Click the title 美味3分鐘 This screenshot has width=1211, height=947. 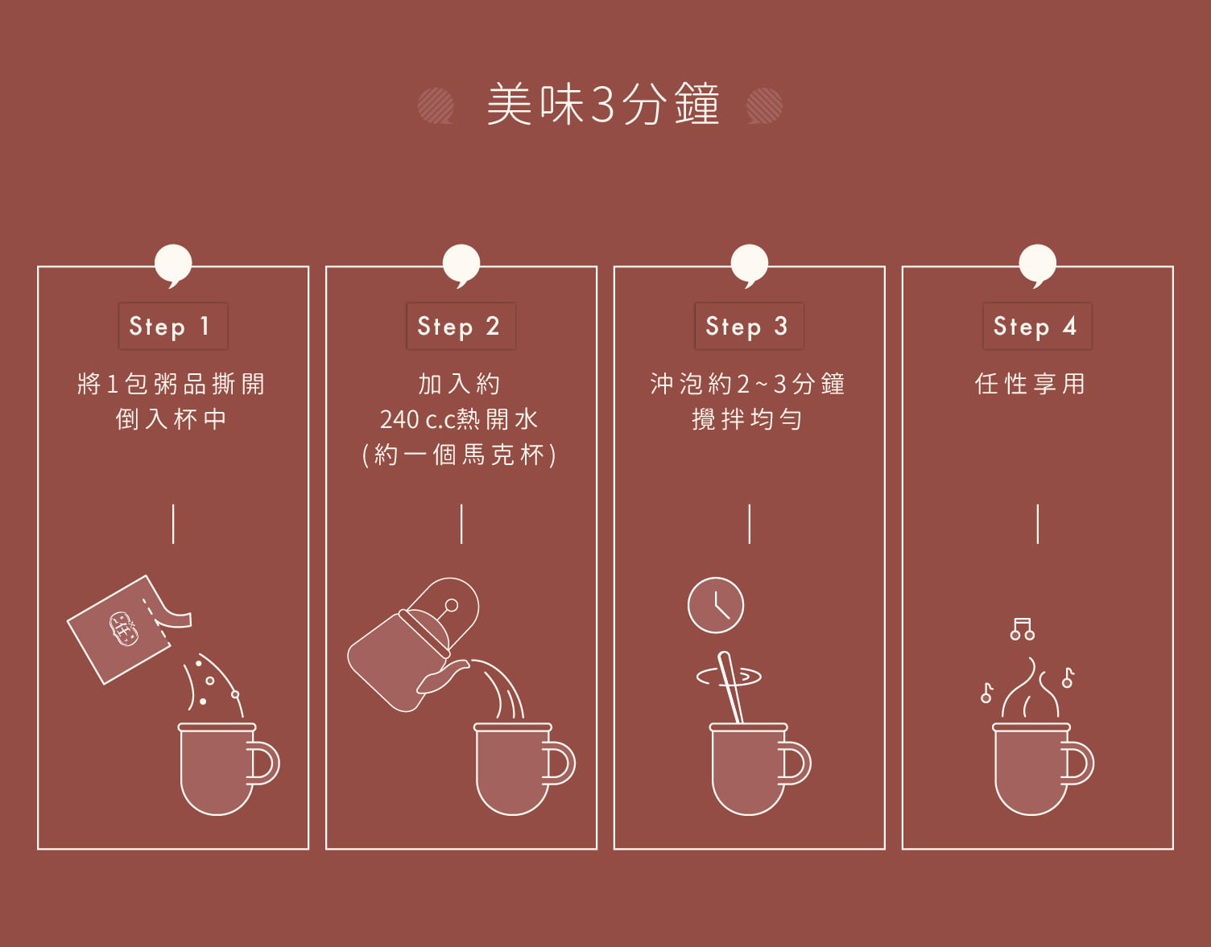(x=602, y=105)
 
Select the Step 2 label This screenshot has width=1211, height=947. (x=461, y=326)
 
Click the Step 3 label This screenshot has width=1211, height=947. (x=749, y=326)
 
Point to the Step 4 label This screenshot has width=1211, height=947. (x=1037, y=326)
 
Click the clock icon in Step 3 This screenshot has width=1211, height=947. (x=715, y=605)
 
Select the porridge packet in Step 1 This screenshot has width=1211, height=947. (x=121, y=630)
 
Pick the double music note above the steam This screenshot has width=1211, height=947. (x=1022, y=628)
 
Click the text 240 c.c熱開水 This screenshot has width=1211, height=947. (x=459, y=419)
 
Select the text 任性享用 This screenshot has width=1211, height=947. (x=1030, y=384)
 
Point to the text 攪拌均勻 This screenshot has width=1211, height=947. (x=747, y=419)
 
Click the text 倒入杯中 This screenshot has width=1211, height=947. (x=172, y=419)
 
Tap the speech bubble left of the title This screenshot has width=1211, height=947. (x=436, y=105)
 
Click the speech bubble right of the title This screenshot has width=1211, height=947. (x=764, y=105)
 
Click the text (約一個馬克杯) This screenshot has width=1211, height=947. (x=459, y=455)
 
